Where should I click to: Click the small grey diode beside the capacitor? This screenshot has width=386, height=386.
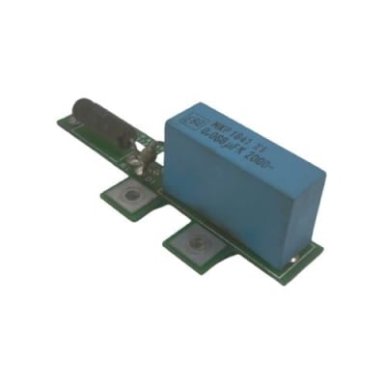[147, 154]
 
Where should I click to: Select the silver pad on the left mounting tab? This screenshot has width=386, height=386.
[128, 197]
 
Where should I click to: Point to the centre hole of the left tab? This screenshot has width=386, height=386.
[128, 197]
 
